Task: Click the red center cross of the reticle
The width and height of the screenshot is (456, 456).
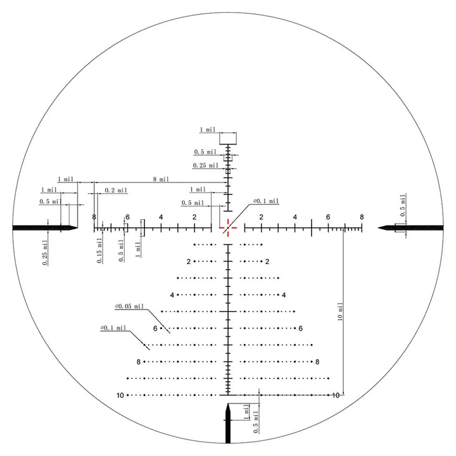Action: pos(228,227)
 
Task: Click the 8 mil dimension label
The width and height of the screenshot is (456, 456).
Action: pos(161,179)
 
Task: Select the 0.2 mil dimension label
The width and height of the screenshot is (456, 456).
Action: pos(116,190)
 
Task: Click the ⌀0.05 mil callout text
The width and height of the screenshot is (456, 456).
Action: pos(129,307)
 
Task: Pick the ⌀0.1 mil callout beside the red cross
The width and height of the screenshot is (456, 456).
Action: pos(266,201)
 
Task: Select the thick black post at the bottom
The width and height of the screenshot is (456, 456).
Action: pos(228,427)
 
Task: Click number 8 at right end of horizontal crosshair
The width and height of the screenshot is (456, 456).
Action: pos(362,217)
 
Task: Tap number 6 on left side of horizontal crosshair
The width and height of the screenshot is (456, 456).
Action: pos(127,217)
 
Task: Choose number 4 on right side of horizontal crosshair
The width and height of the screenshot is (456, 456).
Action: pos(295,217)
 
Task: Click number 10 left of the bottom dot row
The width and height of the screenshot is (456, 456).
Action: pos(120,395)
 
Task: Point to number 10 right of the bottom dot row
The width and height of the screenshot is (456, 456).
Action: pos(336,395)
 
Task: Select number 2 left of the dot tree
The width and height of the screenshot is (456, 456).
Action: pos(189,262)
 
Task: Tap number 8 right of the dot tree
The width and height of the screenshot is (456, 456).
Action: pos(318,362)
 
